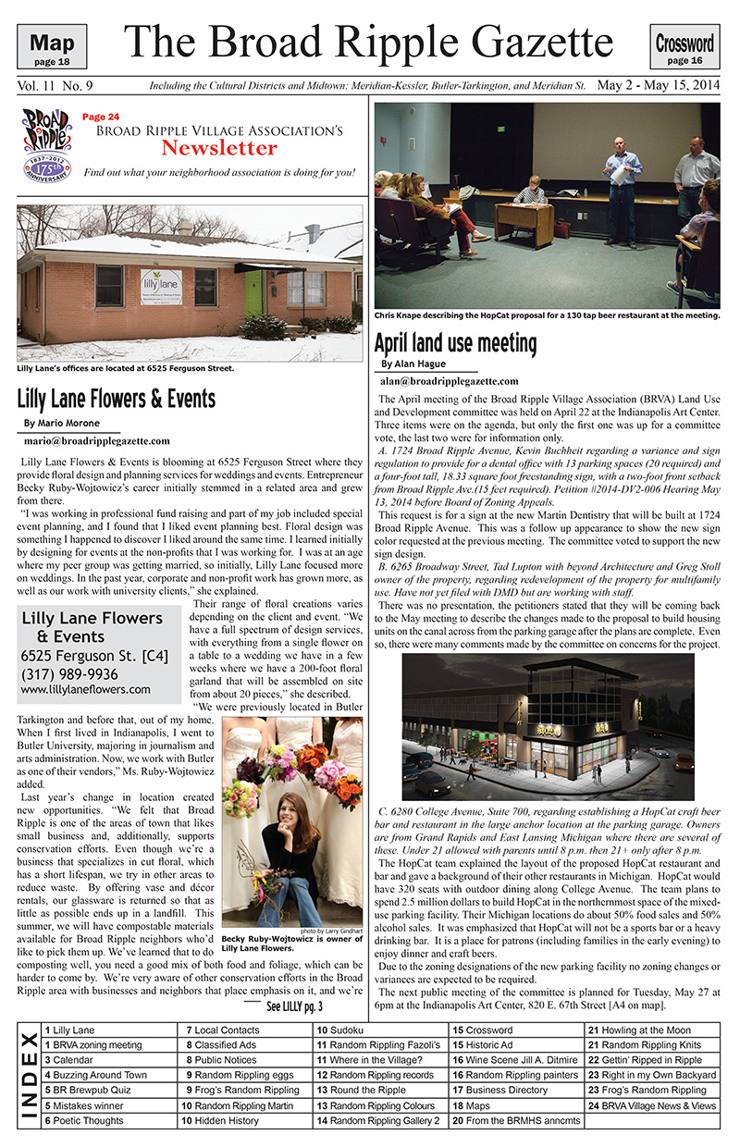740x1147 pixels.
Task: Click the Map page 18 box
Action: point(58,48)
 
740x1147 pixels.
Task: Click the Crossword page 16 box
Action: point(684,48)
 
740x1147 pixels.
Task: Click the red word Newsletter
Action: point(218,148)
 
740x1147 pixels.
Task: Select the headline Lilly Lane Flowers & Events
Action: point(117,399)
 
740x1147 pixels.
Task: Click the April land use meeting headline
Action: point(454,343)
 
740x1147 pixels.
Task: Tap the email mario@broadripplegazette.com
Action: point(97,441)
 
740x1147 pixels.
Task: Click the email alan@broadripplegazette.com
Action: point(449,380)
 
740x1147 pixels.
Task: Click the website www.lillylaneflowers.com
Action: point(85,689)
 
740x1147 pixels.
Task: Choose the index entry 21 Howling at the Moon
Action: point(639,1030)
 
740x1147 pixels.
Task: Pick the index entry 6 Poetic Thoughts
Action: point(81,1120)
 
